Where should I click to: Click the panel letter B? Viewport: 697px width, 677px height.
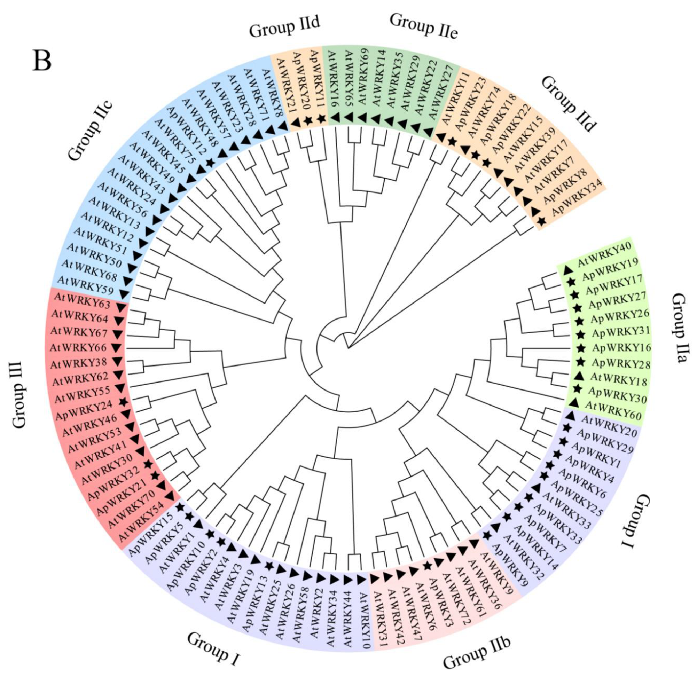(x=42, y=61)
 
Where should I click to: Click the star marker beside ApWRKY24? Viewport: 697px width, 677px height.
(x=123, y=401)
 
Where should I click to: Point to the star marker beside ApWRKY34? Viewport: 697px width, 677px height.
(x=541, y=221)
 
